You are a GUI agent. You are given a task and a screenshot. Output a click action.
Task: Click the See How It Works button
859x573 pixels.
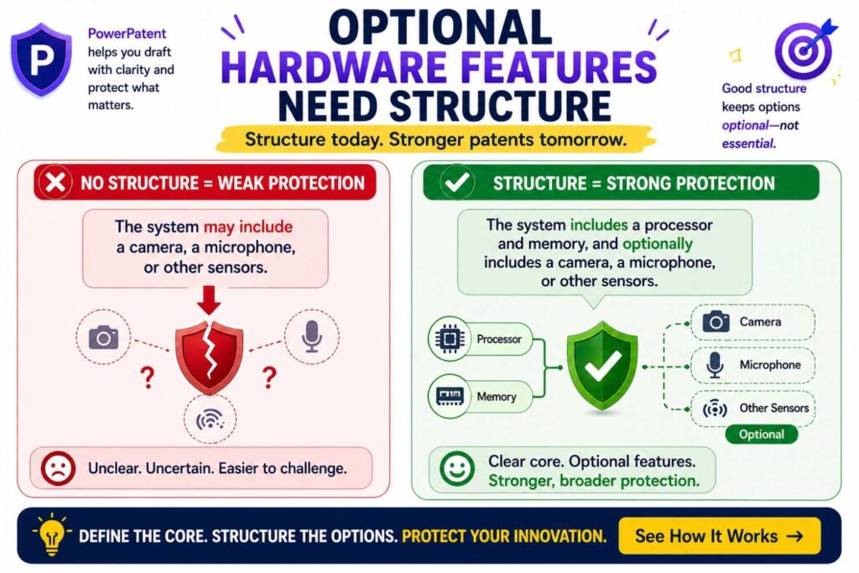[x=718, y=535]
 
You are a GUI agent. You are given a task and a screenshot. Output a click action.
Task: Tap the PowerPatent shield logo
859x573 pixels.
[x=40, y=60]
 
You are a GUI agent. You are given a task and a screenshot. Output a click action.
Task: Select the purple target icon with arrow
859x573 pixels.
[x=802, y=48]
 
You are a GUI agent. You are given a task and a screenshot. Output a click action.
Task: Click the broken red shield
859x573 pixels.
[x=209, y=354]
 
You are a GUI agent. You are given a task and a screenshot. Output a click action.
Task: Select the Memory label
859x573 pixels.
[x=497, y=397]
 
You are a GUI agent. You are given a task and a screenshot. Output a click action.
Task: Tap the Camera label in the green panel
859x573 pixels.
[x=759, y=322]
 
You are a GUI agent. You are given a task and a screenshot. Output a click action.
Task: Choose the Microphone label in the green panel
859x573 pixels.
[x=769, y=365]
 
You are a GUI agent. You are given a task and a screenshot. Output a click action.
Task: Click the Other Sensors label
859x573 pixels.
[x=773, y=409]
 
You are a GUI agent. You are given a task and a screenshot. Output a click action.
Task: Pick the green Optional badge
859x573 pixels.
[x=761, y=435]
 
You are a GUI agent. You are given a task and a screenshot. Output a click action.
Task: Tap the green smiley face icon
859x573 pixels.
[x=456, y=469]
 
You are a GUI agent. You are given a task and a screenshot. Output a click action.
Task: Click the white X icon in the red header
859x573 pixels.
[x=56, y=182]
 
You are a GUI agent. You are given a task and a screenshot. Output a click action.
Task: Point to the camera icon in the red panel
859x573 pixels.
[x=103, y=337]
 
